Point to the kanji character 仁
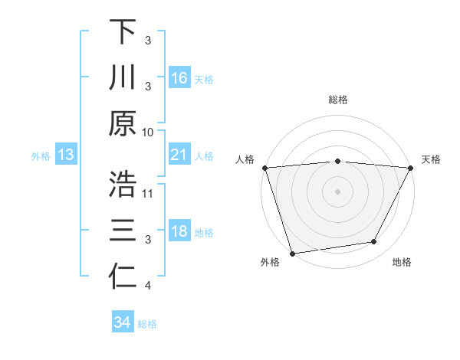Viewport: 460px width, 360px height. [123, 277]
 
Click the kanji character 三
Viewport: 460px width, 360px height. [123, 231]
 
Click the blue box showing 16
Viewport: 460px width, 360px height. [179, 77]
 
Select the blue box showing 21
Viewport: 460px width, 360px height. [179, 155]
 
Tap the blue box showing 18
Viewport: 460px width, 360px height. [179, 232]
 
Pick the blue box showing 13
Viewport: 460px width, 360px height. [66, 155]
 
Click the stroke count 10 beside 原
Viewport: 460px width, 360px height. [149, 132]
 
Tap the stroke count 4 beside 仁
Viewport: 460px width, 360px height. [148, 286]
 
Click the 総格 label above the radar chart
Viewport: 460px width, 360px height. [337, 100]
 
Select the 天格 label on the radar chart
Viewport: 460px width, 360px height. [431, 159]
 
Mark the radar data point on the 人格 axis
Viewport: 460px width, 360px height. [264, 167]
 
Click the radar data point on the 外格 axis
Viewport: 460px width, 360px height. [292, 253]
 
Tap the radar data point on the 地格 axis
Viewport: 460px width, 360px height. [374, 242]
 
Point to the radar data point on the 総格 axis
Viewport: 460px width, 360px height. [337, 161]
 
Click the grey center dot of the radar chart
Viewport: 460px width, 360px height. [337, 191]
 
